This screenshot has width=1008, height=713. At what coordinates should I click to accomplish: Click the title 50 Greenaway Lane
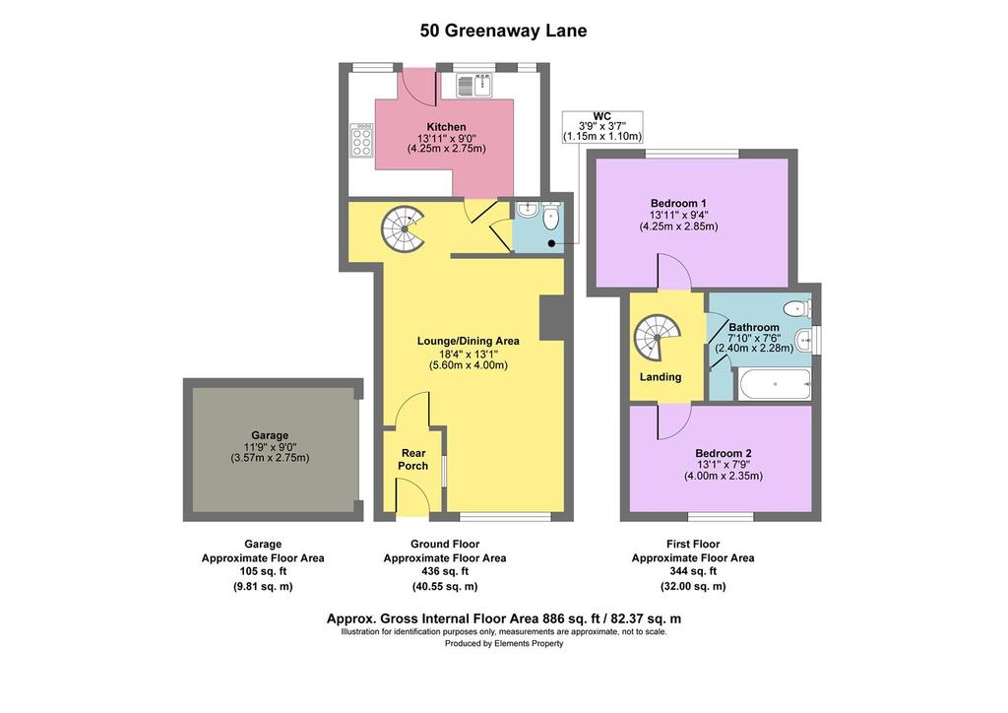tap(503, 31)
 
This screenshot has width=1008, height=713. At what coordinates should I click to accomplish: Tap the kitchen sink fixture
tap(474, 86)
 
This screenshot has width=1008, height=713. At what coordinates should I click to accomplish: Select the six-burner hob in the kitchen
tap(360, 140)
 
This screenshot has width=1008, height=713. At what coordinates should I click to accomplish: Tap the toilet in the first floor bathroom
tap(798, 307)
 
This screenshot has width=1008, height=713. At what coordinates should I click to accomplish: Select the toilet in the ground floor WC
tap(551, 217)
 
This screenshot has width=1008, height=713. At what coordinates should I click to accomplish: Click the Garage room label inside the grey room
tap(270, 435)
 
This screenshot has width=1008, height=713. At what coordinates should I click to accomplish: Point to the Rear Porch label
tap(413, 460)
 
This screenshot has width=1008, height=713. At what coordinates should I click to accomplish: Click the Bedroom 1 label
tap(678, 203)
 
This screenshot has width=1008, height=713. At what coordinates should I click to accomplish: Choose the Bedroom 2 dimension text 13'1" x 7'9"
tap(724, 465)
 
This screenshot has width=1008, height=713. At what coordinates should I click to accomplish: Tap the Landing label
tap(661, 377)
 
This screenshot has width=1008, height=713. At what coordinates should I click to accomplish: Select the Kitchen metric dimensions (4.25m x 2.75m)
tap(447, 149)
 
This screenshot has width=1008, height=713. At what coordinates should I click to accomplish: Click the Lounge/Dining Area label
tap(468, 342)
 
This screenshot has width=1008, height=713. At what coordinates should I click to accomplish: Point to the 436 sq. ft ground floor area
tap(445, 571)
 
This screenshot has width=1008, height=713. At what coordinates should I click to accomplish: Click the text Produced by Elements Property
tap(504, 643)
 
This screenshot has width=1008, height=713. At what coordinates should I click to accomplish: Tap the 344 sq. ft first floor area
tap(693, 571)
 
